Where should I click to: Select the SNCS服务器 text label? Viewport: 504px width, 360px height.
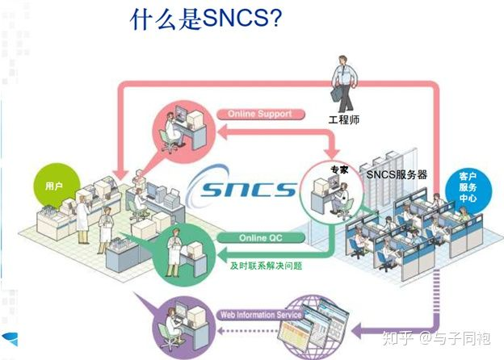pos(397,174)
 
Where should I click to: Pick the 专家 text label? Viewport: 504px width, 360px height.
pos(338,170)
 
